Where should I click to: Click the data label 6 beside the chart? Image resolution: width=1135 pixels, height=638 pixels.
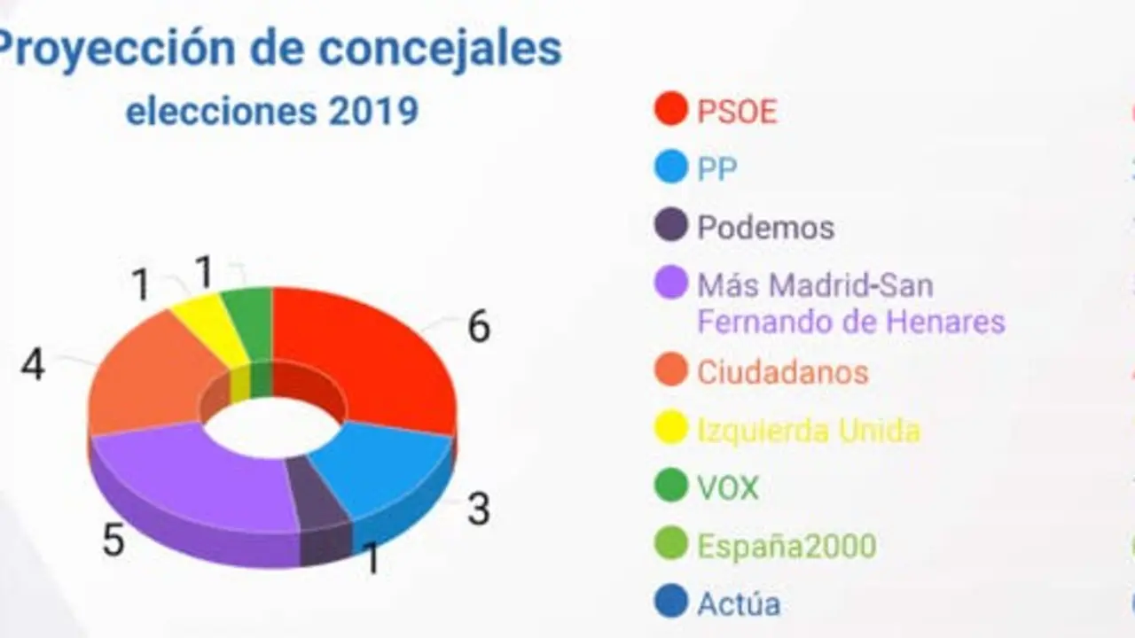tap(478, 328)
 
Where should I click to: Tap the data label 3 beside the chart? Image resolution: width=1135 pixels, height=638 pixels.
tap(478, 510)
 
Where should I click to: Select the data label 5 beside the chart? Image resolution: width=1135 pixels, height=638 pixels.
tap(113, 541)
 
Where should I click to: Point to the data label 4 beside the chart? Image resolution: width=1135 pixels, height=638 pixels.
tap(33, 365)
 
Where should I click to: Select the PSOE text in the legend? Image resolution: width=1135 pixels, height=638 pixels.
tap(737, 112)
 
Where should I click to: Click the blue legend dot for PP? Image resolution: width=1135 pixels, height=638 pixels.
tap(671, 167)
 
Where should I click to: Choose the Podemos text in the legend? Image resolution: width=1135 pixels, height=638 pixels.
tap(765, 228)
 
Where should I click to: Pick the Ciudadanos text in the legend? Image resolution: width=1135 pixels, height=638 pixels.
tap(782, 372)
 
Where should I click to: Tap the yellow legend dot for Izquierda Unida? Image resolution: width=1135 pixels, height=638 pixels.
tap(671, 429)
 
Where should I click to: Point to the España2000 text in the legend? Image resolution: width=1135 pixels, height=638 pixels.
tap(787, 545)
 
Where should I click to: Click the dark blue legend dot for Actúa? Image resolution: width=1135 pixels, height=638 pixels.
tap(671, 603)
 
